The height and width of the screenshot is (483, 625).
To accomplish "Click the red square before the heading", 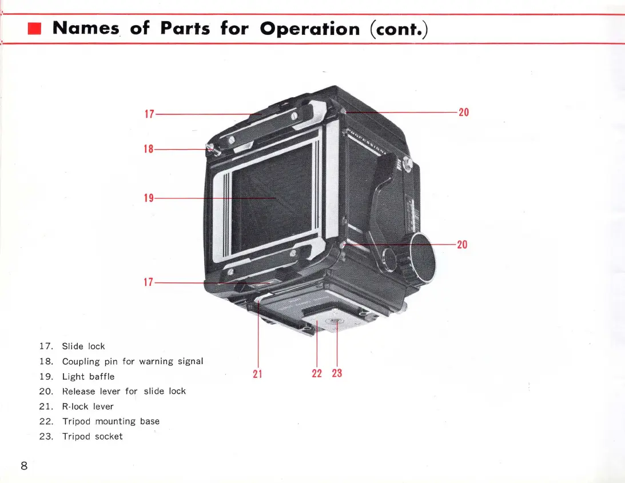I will (35, 29).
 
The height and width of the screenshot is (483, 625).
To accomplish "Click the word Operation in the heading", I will (309, 29).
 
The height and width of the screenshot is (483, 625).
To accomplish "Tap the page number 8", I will (24, 465).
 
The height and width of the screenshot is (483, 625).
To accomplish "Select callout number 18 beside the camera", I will (149, 149).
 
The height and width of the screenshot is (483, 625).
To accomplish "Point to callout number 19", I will (149, 198).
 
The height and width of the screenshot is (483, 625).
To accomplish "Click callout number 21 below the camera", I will (257, 374).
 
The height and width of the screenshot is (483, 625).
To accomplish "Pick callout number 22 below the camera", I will (317, 373).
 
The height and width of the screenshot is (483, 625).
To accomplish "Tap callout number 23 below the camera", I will (337, 373).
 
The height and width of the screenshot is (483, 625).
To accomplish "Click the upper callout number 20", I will (464, 113).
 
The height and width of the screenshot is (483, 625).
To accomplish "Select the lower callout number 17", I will (149, 282).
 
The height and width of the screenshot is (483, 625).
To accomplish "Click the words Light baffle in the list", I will (88, 377).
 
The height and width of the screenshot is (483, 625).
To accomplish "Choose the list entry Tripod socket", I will (92, 437).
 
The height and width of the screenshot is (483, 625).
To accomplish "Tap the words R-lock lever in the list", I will (87, 407).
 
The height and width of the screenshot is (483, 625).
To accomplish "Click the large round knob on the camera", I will (424, 259).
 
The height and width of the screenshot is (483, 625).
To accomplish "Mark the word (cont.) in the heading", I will (399, 29).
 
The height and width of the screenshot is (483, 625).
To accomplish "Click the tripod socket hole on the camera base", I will (333, 322).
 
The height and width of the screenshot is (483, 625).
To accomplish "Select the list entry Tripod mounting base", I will (111, 422).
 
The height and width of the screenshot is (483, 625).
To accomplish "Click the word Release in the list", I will (79, 392).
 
